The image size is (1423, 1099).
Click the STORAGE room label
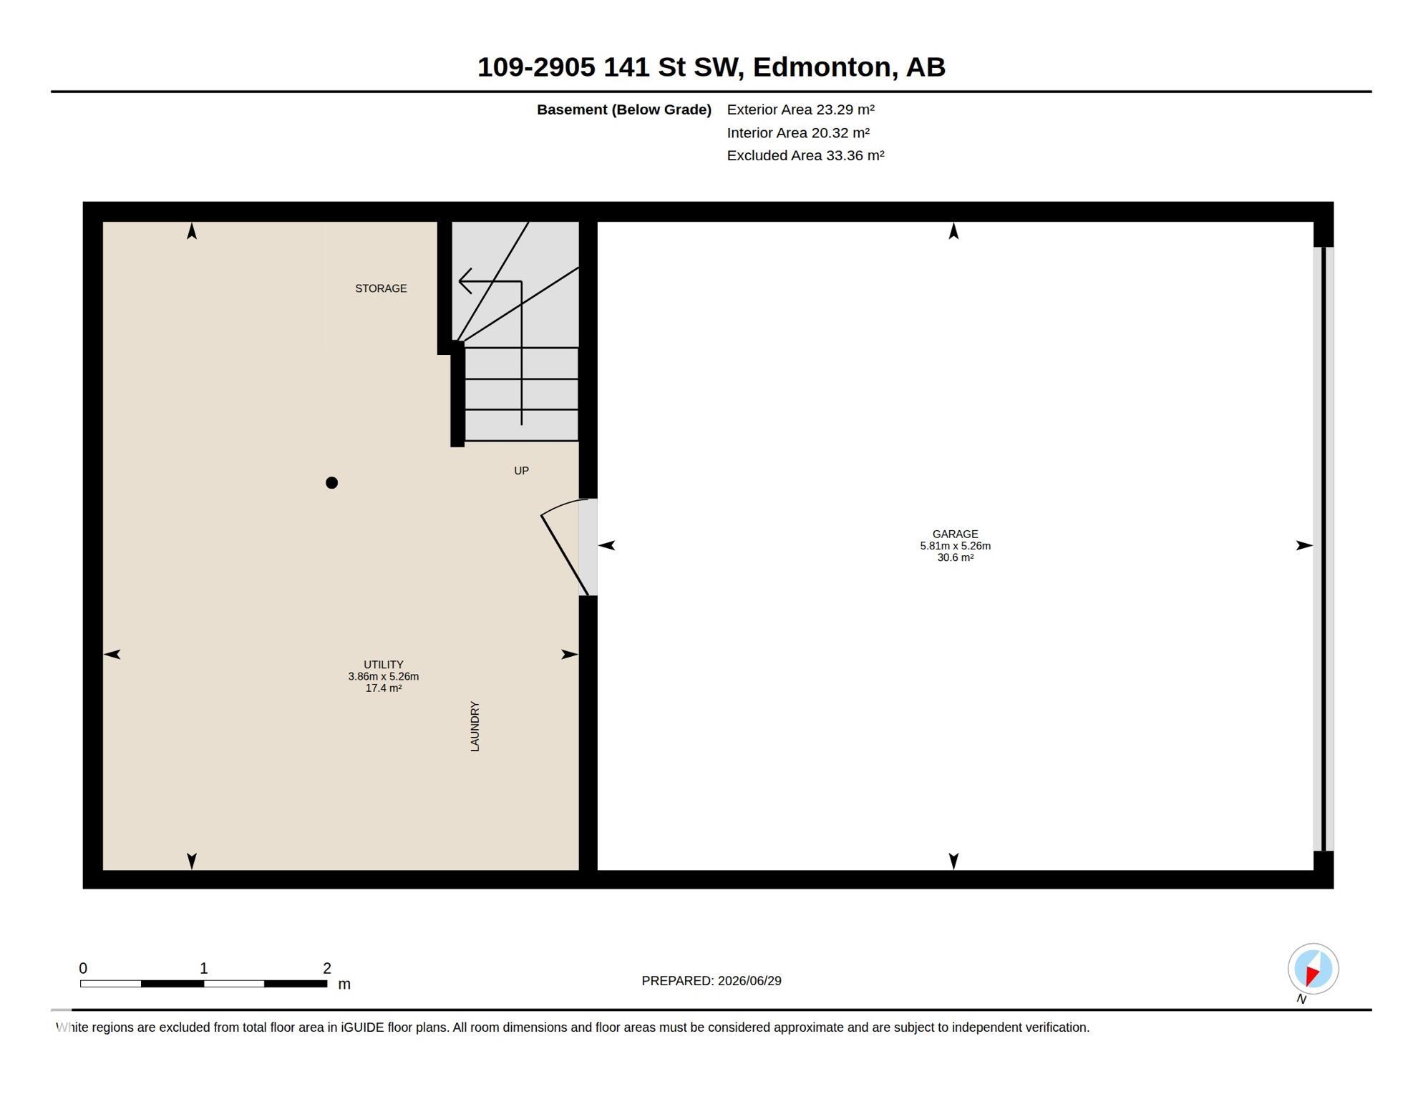tap(381, 288)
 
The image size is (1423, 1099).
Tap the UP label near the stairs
tap(521, 471)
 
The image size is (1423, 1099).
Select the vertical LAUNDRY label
tap(475, 726)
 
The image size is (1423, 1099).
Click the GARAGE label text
tap(955, 534)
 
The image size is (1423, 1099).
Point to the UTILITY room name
tap(384, 665)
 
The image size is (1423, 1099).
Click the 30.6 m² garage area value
tap(955, 558)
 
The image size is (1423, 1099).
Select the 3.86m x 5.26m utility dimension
tap(384, 676)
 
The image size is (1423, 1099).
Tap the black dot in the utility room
tap(331, 483)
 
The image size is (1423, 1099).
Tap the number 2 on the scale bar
tap(327, 969)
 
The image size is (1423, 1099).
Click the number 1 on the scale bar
tap(204, 969)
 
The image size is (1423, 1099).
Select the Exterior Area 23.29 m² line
tap(800, 109)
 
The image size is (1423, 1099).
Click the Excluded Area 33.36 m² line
tap(805, 155)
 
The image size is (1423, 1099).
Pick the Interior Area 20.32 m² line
tap(798, 132)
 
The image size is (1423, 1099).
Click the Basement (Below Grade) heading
tap(624, 109)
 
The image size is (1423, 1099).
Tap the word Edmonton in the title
tap(825, 67)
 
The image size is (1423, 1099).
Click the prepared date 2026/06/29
tap(749, 981)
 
